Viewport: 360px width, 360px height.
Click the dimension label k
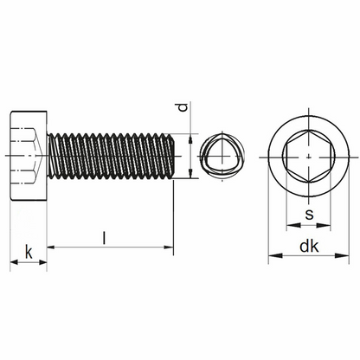click(x=29, y=252)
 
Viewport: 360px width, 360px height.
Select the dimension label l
click(x=105, y=237)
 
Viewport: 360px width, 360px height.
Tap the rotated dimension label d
click(x=183, y=107)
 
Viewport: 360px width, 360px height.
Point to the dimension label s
click(x=309, y=215)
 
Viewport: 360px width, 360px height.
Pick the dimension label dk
click(x=309, y=247)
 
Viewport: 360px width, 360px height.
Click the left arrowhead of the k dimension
click(x=14, y=262)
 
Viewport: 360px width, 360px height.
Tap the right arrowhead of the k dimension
click(x=42, y=262)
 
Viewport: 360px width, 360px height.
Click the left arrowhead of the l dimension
click(x=51, y=247)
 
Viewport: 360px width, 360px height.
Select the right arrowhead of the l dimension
click(x=169, y=247)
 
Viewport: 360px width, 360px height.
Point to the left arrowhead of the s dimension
click(x=292, y=225)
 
